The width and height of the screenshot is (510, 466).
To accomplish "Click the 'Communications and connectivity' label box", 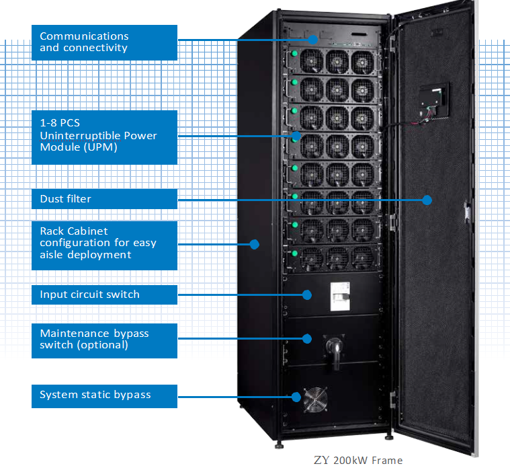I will pyautogui.click(x=104, y=42).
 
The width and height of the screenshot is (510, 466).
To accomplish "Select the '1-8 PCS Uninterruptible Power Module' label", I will pyautogui.click(x=104, y=137).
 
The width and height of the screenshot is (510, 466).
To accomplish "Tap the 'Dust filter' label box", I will pyautogui.click(x=104, y=199).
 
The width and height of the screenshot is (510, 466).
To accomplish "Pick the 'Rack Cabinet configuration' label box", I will pyautogui.click(x=104, y=243).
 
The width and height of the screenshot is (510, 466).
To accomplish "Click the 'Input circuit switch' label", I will pyautogui.click(x=104, y=295).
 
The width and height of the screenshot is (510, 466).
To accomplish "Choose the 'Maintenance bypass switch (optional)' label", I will pyautogui.click(x=104, y=340).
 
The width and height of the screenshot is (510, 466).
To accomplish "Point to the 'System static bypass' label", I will pyautogui.click(x=104, y=395).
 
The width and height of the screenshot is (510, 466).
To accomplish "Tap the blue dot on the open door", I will pyautogui.click(x=427, y=199).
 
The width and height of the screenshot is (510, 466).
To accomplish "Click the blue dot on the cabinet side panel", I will pyautogui.click(x=255, y=243).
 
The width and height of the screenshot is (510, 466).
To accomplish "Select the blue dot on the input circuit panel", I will pyautogui.click(x=307, y=295).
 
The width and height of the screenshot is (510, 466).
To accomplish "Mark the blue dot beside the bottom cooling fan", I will pyautogui.click(x=296, y=396).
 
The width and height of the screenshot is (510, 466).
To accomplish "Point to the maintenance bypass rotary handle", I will pyautogui.click(x=334, y=350).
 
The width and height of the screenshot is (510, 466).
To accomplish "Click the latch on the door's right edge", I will pyautogui.click(x=465, y=211).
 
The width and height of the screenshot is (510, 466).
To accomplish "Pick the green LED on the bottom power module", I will pyautogui.click(x=294, y=254).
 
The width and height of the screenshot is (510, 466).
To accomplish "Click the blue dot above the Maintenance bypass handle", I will pyautogui.click(x=308, y=338).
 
